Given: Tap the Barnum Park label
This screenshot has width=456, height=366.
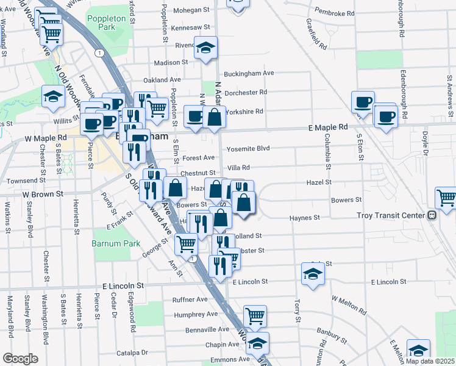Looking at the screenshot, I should click(107, 243).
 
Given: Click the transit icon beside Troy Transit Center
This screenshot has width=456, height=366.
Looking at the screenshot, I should click(432, 215).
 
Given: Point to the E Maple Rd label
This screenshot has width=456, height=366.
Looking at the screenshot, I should click(327, 127).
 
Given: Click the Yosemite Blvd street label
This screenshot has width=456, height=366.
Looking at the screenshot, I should click(248, 148).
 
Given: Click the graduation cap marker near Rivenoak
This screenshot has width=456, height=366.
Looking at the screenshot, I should click(206, 47).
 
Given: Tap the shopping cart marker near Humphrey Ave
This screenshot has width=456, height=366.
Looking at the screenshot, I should click(255, 316).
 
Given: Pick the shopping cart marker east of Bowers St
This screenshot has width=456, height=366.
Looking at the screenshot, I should click(446, 198).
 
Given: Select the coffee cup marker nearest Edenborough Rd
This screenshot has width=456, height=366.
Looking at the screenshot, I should click(385, 115).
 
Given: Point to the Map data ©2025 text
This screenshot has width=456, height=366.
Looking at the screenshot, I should click(430, 361).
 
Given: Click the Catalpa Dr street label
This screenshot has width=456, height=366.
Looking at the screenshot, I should click(133, 352).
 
